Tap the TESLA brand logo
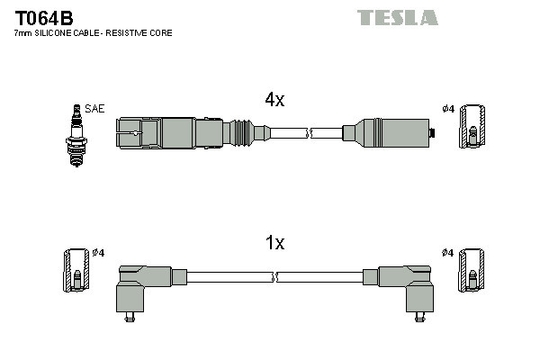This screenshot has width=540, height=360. (397, 17)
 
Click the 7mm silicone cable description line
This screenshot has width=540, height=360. (94, 33)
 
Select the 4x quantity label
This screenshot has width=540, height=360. (274, 101)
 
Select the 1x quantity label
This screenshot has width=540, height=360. (274, 243)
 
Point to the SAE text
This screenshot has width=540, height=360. (96, 109)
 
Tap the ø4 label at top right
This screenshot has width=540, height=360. (447, 110)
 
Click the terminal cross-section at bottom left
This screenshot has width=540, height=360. (76, 269)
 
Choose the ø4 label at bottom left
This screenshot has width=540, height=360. (99, 253)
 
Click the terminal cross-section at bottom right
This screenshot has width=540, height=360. (473, 269)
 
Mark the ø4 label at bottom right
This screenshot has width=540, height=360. (447, 253)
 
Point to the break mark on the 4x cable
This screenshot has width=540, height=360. (309, 134)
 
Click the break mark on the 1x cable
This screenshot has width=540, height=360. (275, 277)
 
